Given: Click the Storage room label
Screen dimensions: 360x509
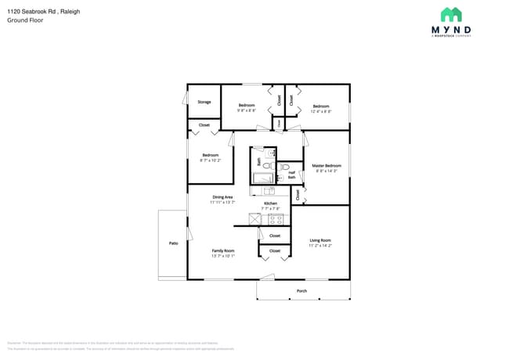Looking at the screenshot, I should pyautogui.click(x=204, y=102).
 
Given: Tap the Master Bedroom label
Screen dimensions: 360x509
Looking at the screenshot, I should pyautogui.click(x=326, y=166).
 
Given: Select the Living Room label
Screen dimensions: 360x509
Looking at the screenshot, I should pyautogui.click(x=319, y=240).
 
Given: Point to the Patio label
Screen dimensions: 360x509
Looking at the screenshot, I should pyautogui.click(x=174, y=243).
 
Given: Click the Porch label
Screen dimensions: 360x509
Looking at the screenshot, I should pyautogui.click(x=301, y=291).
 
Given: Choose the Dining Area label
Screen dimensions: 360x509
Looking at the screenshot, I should pyautogui.click(x=222, y=197).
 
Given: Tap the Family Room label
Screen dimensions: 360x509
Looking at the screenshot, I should pyautogui.click(x=223, y=250).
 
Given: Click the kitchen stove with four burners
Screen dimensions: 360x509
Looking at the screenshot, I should pyautogui.click(x=276, y=220).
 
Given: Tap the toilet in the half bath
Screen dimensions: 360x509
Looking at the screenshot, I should pyautogui.click(x=285, y=166).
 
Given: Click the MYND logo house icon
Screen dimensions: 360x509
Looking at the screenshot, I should pyautogui.click(x=451, y=15).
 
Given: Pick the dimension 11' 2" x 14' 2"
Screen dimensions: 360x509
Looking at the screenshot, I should pyautogui.click(x=319, y=246).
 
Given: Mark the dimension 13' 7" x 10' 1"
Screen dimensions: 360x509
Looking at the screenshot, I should pyautogui.click(x=223, y=256).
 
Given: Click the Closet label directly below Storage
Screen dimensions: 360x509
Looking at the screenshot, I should pyautogui.click(x=204, y=124).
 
